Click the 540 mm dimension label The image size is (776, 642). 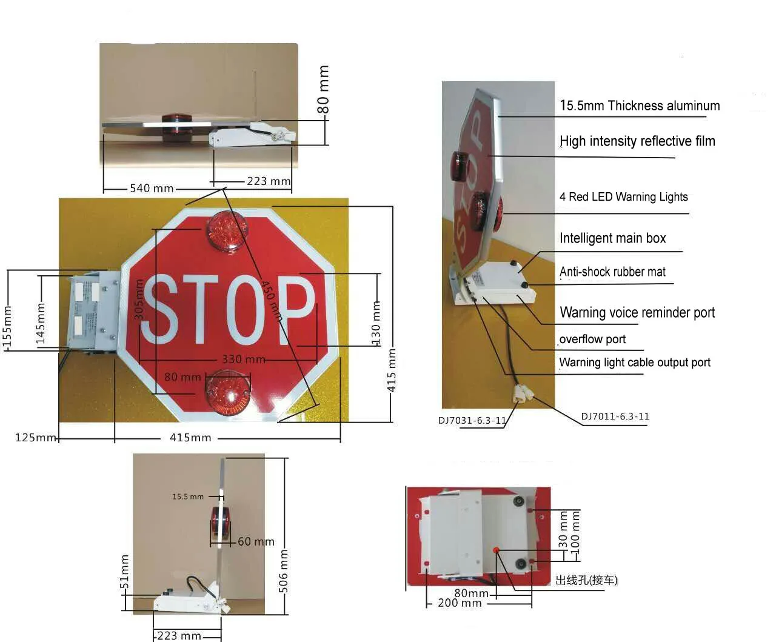(x=151, y=189)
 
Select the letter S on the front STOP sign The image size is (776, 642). (x=159, y=309)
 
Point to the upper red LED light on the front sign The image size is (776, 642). (x=227, y=231)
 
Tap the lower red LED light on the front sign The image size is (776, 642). (x=228, y=393)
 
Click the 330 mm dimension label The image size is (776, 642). (x=243, y=359)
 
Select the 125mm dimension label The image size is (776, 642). (x=35, y=438)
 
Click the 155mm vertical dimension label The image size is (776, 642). (x=7, y=327)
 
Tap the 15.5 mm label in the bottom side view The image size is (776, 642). (x=188, y=497)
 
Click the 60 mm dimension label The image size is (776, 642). (x=256, y=542)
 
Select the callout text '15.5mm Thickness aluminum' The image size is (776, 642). (x=640, y=105)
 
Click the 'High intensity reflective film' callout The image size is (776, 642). (x=637, y=141)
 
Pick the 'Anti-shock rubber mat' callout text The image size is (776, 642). (x=612, y=272)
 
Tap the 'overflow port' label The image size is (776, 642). (x=592, y=339)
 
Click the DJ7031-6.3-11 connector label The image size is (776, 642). (x=472, y=421)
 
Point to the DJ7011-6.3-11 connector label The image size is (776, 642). (x=615, y=416)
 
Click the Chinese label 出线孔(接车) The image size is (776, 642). (x=586, y=580)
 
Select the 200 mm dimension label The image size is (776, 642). (x=459, y=603)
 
